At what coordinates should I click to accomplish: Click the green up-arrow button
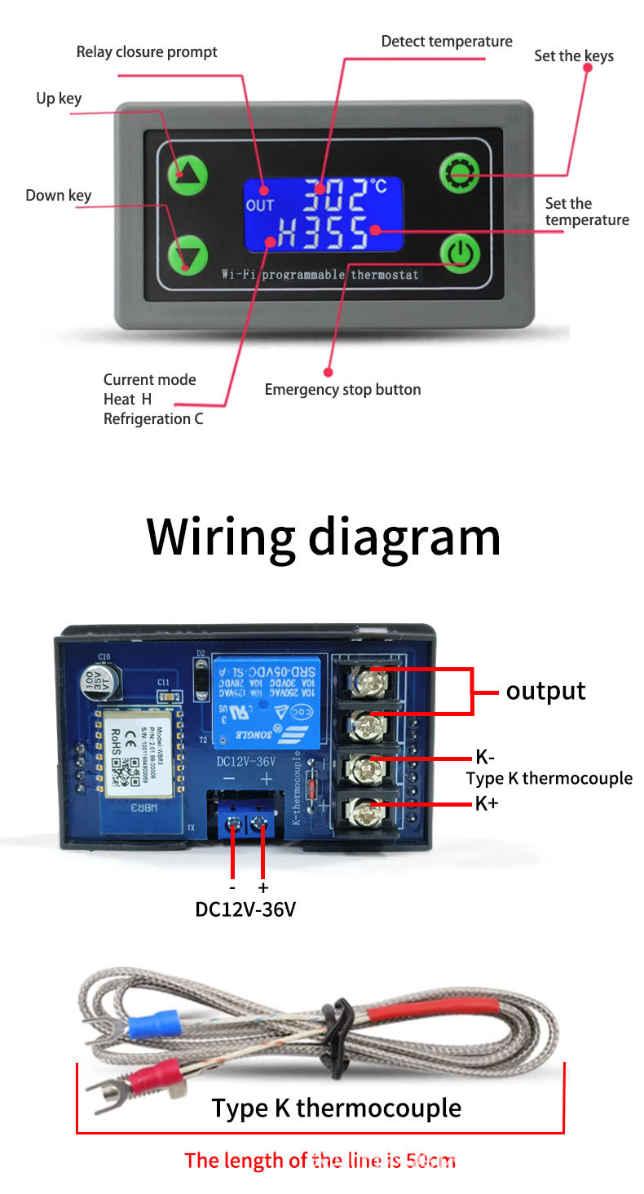(187, 173)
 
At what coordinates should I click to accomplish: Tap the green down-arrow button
(187, 254)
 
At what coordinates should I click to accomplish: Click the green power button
(461, 253)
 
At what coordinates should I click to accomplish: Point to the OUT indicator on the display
(260, 206)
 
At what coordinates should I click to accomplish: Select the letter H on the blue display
(287, 236)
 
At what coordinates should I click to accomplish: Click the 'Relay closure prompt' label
(147, 52)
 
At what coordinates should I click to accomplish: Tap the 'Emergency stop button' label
(342, 390)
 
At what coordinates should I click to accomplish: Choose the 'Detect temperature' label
(447, 42)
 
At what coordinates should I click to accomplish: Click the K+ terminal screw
(359, 810)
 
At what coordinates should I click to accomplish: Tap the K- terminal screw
(359, 766)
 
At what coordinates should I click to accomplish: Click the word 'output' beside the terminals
(545, 691)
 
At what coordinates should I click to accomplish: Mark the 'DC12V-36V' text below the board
(245, 909)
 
